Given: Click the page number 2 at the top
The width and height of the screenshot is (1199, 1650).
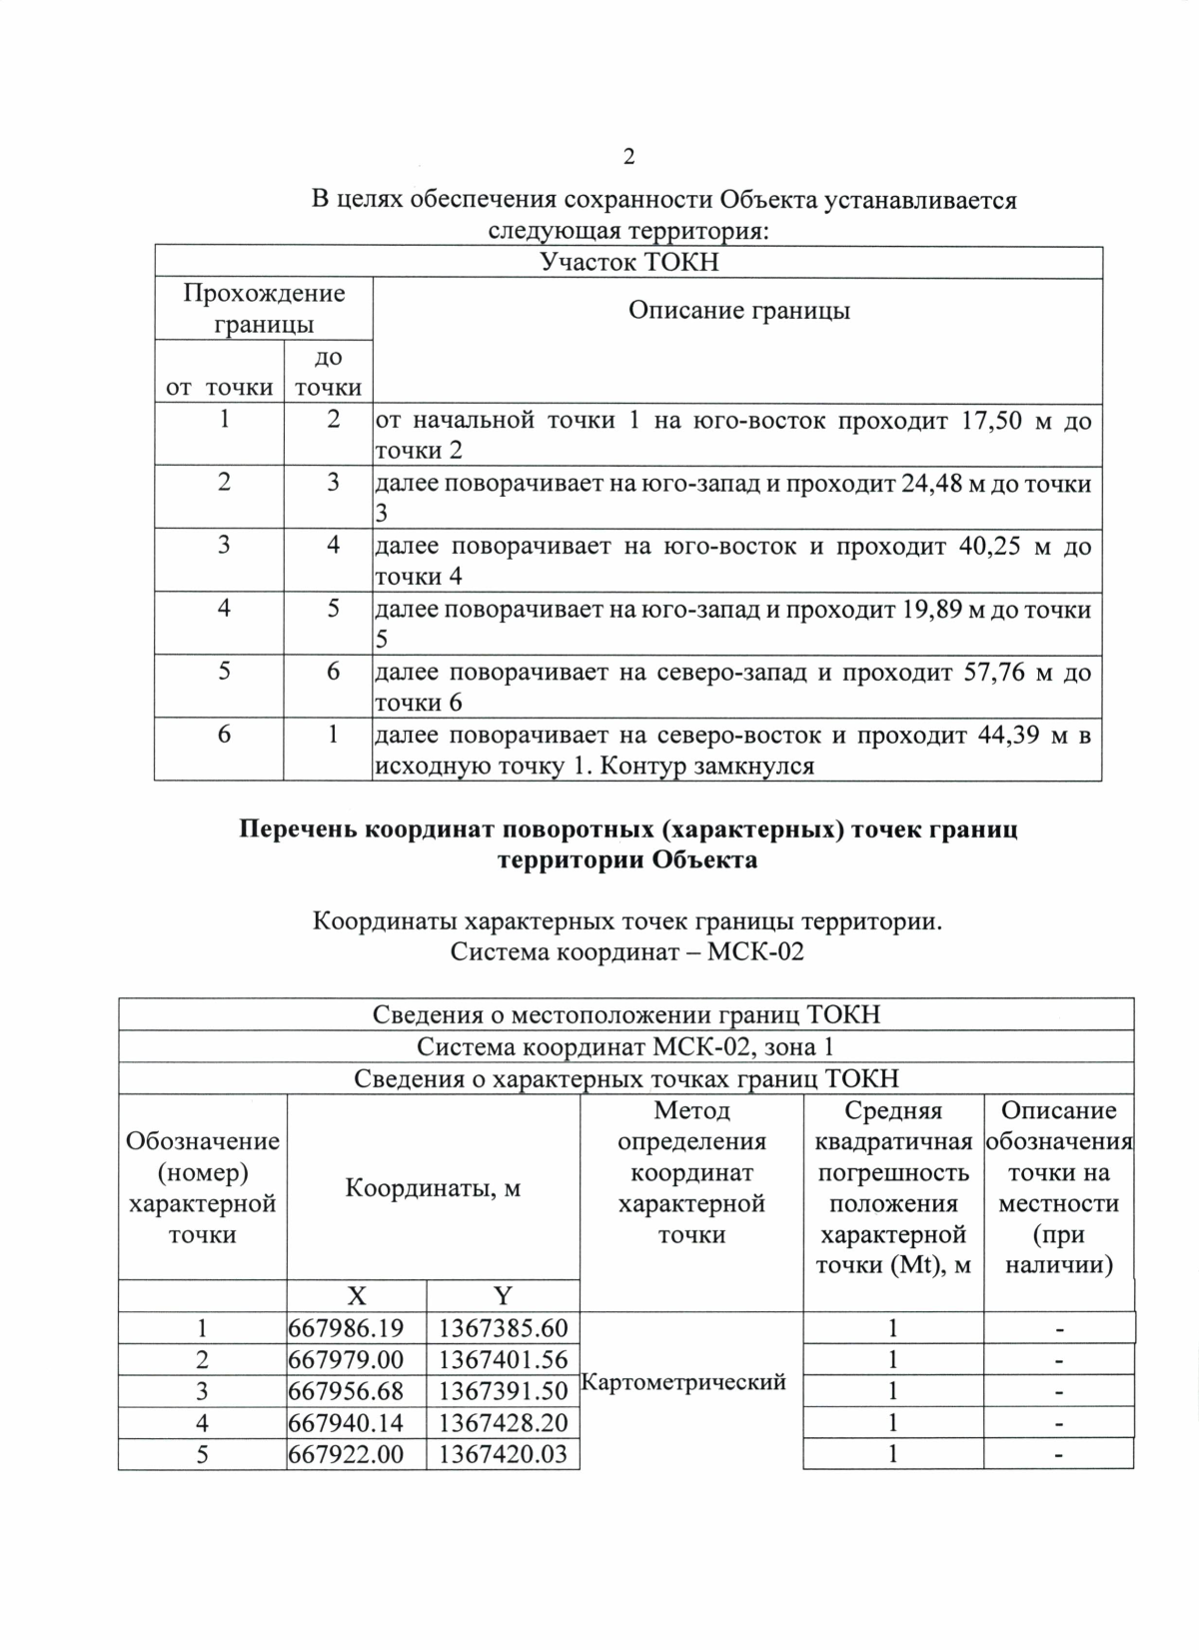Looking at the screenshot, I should point(628,157).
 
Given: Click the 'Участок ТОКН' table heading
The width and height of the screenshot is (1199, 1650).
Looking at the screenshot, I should point(628,263).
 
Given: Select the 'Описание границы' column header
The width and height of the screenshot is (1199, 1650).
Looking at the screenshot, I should point(738,311).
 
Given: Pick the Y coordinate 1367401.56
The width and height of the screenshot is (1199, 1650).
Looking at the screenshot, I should point(503,1360).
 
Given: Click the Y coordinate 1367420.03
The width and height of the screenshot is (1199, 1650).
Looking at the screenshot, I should point(503,1454).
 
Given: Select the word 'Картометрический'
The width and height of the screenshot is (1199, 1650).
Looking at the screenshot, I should point(683,1382).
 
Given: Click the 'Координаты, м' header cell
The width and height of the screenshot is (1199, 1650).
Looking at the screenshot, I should point(433,1188).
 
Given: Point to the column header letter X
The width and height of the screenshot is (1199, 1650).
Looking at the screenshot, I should point(356,1296).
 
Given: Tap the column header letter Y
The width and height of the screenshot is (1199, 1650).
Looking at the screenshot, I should point(503,1296).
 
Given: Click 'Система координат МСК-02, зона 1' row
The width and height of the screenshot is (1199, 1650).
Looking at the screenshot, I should point(625,1047).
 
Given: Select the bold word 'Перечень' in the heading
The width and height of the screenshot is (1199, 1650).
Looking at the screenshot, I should point(297,830).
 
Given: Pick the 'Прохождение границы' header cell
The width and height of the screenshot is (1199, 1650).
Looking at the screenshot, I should point(264,309).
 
